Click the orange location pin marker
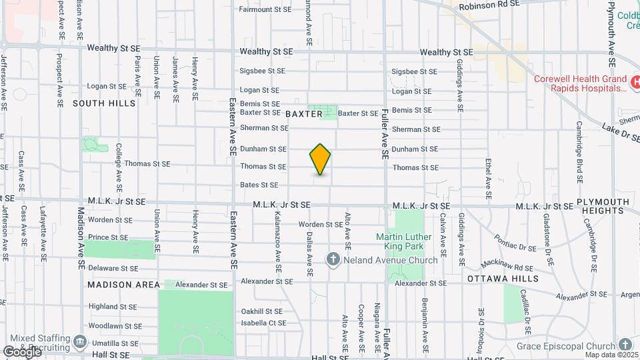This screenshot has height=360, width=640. click(320, 159)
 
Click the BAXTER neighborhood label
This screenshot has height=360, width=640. click(304, 114)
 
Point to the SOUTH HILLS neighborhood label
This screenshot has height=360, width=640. click(104, 103)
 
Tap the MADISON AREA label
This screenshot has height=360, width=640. click(124, 285)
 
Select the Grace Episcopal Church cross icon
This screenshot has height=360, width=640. click(625, 345)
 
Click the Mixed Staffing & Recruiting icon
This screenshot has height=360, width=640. click(80, 343)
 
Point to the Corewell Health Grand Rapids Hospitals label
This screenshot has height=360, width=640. click(581, 83)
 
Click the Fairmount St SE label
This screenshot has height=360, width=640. click(265, 9)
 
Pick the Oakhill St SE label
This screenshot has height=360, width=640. click(262, 311)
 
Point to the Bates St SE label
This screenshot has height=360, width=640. click(259, 185)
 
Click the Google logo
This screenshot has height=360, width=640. click(21, 352)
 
